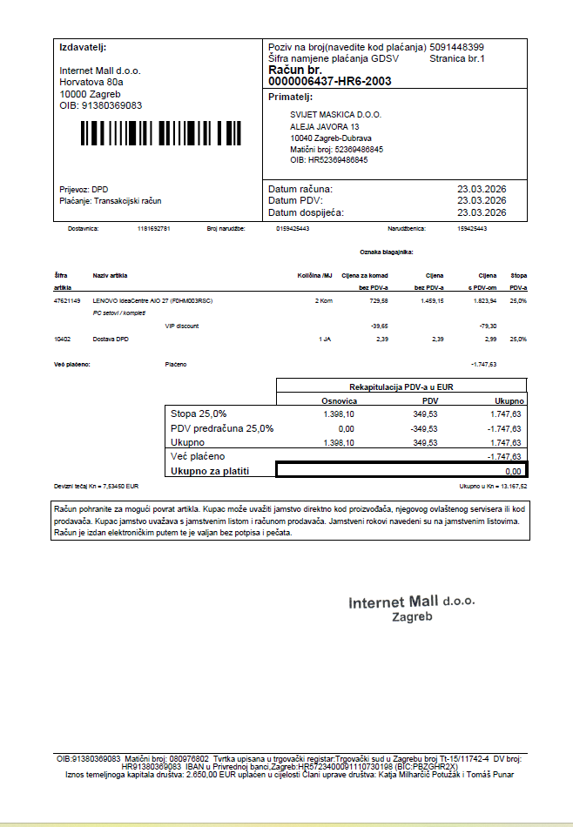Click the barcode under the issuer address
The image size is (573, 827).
pos(162,133)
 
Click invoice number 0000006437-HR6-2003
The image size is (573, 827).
pos(330,81)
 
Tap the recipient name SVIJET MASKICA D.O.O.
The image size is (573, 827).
pos(335,115)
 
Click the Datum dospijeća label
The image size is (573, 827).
pos(306,212)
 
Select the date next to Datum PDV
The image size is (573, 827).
pos(482,200)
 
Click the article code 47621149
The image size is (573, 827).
pos(67,300)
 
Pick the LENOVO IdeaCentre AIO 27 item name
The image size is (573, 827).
pos(153,300)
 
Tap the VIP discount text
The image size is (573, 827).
pos(182,326)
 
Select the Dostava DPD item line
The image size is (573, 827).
pos(111,338)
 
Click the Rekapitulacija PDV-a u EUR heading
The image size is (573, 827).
pos(402,386)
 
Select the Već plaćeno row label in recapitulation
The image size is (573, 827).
pos(198,456)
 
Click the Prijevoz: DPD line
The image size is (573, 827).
pos(84,189)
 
